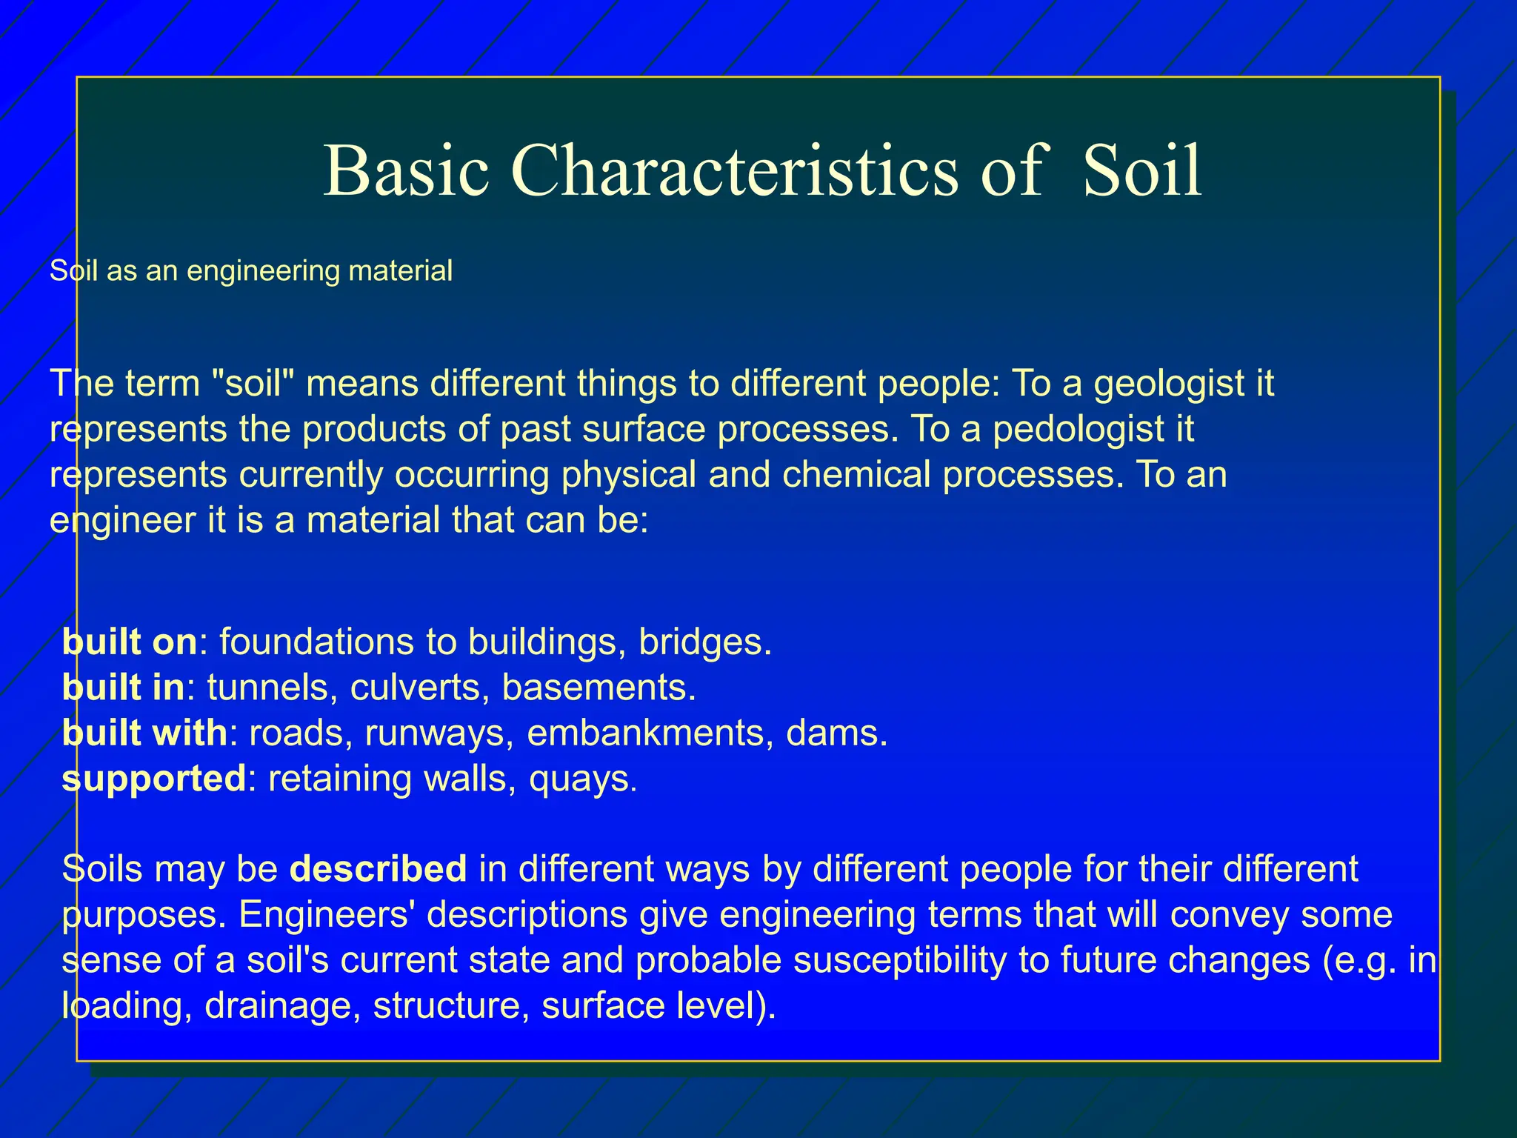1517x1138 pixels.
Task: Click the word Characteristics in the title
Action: [734, 172]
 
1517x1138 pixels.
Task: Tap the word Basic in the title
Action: [406, 172]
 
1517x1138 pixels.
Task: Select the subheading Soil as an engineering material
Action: [250, 271]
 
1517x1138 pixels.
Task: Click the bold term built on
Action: [130, 642]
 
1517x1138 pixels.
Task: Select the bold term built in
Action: [123, 688]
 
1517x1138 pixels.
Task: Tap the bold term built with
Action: [144, 733]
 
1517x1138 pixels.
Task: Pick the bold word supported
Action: [153, 779]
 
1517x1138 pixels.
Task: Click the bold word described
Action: [378, 869]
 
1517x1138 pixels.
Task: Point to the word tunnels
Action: [267, 688]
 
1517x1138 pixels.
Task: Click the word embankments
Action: [644, 733]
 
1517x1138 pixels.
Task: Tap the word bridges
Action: [704, 642]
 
